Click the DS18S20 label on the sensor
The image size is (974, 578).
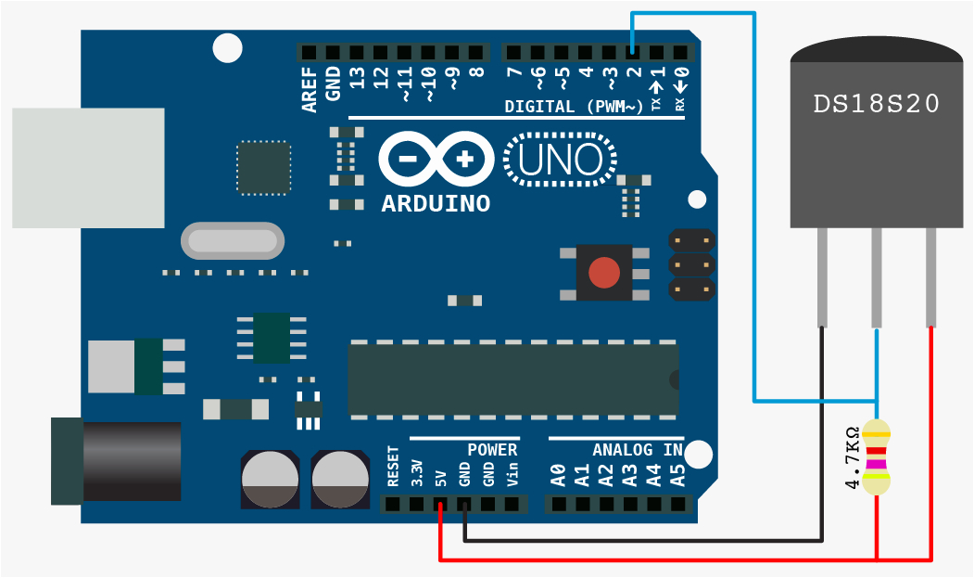coord(876,104)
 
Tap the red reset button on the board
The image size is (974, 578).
coord(604,273)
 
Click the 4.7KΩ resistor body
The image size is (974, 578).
coord(876,456)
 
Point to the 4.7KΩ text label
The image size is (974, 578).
coord(852,457)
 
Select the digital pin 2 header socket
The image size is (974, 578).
coord(632,52)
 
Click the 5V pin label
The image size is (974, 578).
coord(441,477)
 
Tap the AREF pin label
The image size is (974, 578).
coord(310,89)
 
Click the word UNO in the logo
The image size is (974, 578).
coord(560,160)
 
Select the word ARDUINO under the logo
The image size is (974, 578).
coord(436,203)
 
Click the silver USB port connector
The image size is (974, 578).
coord(88,168)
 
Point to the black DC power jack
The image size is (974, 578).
coord(120,461)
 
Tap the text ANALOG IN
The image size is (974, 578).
coord(637,450)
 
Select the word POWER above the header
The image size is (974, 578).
coord(491,450)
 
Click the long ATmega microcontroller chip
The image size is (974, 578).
coord(512,379)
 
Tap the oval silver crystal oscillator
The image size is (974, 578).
coord(233,241)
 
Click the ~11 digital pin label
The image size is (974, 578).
coord(404,83)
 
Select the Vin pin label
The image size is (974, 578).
coord(512,475)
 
